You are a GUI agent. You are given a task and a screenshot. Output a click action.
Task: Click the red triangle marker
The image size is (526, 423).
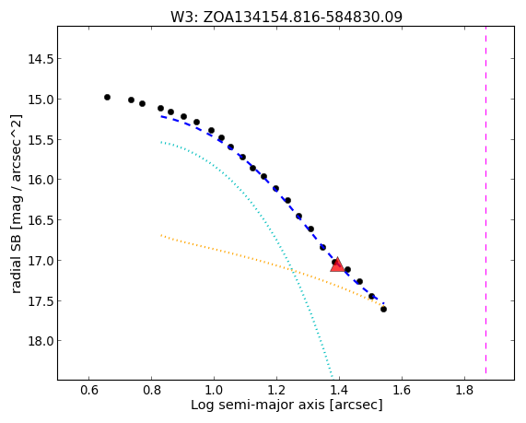pyautogui.click(x=337, y=264)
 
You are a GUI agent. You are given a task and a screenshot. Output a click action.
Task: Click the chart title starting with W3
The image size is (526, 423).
pyautogui.click(x=286, y=17)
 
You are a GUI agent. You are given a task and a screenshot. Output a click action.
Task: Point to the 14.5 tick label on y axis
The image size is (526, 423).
pyautogui.click(x=41, y=59)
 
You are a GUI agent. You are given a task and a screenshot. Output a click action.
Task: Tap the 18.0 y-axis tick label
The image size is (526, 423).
pyautogui.click(x=41, y=341)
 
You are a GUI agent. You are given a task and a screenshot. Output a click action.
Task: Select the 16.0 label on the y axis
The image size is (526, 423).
pyautogui.click(x=41, y=180)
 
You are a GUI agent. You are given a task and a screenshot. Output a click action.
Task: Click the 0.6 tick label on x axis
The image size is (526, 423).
pyautogui.click(x=89, y=390)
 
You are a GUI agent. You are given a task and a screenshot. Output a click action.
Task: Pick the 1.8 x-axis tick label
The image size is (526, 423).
pyautogui.click(x=464, y=390)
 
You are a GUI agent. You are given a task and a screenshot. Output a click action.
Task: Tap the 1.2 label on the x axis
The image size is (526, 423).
pyautogui.click(x=276, y=390)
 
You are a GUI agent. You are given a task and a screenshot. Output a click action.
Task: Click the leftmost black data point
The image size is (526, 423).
pyautogui.click(x=108, y=98)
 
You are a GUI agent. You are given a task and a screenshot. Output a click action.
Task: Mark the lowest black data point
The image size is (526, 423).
pyautogui.click(x=383, y=310)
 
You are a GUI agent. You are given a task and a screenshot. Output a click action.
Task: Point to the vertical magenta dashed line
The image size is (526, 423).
pyautogui.click(x=485, y=200)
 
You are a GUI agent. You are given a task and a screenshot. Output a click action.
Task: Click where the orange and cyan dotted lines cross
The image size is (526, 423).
pyautogui.click(x=291, y=269)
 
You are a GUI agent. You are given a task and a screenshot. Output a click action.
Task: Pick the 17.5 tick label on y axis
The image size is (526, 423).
pyautogui.click(x=41, y=300)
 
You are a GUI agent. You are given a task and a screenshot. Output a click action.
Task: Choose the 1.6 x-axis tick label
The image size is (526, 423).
pyautogui.click(x=402, y=390)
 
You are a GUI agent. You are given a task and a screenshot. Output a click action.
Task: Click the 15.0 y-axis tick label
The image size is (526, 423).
pyautogui.click(x=41, y=100)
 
